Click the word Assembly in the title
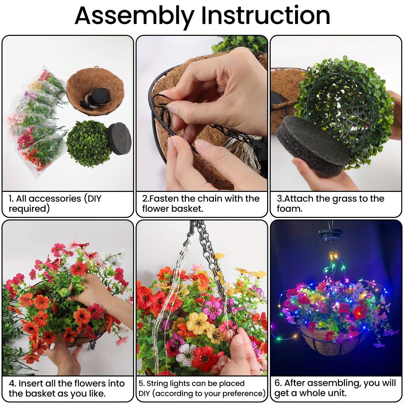(x=134, y=16)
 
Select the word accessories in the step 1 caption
(x=55, y=198)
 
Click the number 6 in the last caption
(x=277, y=383)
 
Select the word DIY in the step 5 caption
(x=144, y=393)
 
